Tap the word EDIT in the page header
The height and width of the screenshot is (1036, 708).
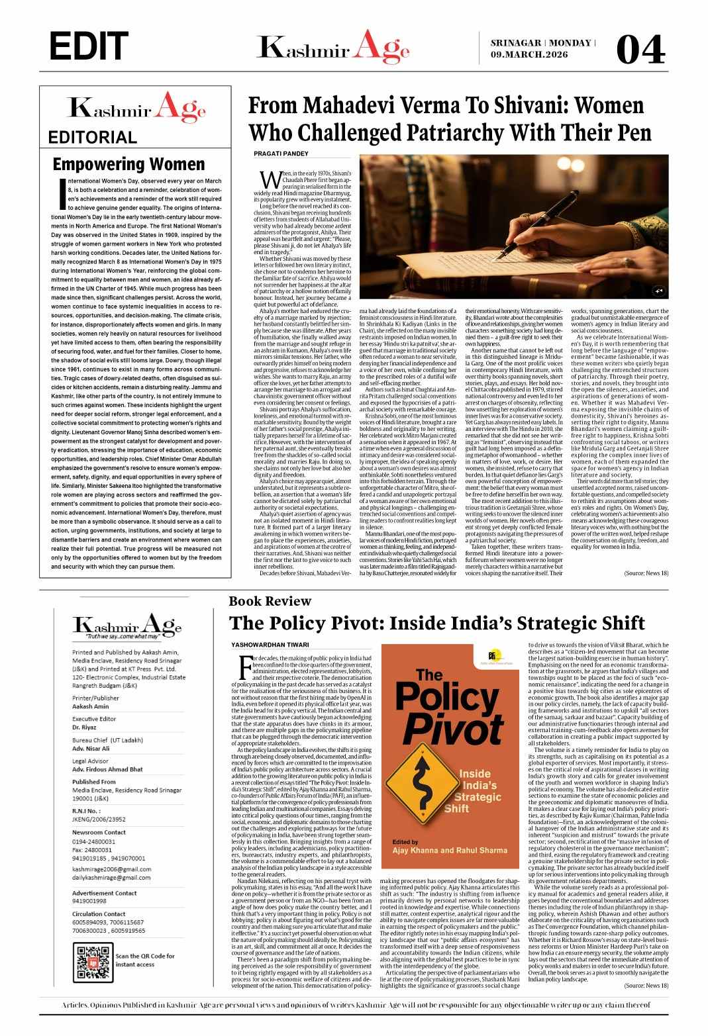(89, 46)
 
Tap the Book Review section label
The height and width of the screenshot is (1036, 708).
(270, 601)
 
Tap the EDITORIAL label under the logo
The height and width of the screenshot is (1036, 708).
(93, 138)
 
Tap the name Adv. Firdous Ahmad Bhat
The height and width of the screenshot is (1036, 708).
(107, 770)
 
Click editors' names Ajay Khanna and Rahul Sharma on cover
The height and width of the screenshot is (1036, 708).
(450, 849)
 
